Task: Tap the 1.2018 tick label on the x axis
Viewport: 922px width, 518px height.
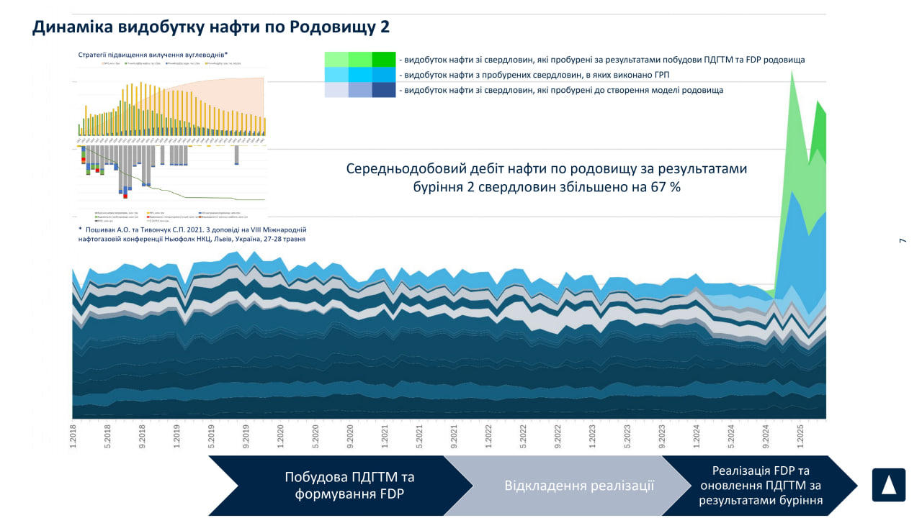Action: click(x=73, y=436)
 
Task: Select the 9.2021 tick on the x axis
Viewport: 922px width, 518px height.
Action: click(x=454, y=436)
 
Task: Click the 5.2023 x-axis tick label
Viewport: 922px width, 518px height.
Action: click(x=627, y=436)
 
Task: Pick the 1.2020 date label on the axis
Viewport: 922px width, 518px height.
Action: click(x=280, y=436)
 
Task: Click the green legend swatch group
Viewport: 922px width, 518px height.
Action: click(x=360, y=60)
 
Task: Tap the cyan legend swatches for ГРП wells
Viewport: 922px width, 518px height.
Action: click(x=360, y=75)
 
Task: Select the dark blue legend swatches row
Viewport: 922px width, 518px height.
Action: click(x=360, y=90)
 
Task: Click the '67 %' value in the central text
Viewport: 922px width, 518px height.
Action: click(x=663, y=186)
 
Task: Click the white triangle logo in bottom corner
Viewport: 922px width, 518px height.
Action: click(x=888, y=485)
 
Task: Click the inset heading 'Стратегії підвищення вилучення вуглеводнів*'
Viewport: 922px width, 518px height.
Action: click(x=153, y=54)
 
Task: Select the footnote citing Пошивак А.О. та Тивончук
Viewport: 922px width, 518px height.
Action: click(x=192, y=234)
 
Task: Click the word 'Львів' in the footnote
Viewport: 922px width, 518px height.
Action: click(x=217, y=239)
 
